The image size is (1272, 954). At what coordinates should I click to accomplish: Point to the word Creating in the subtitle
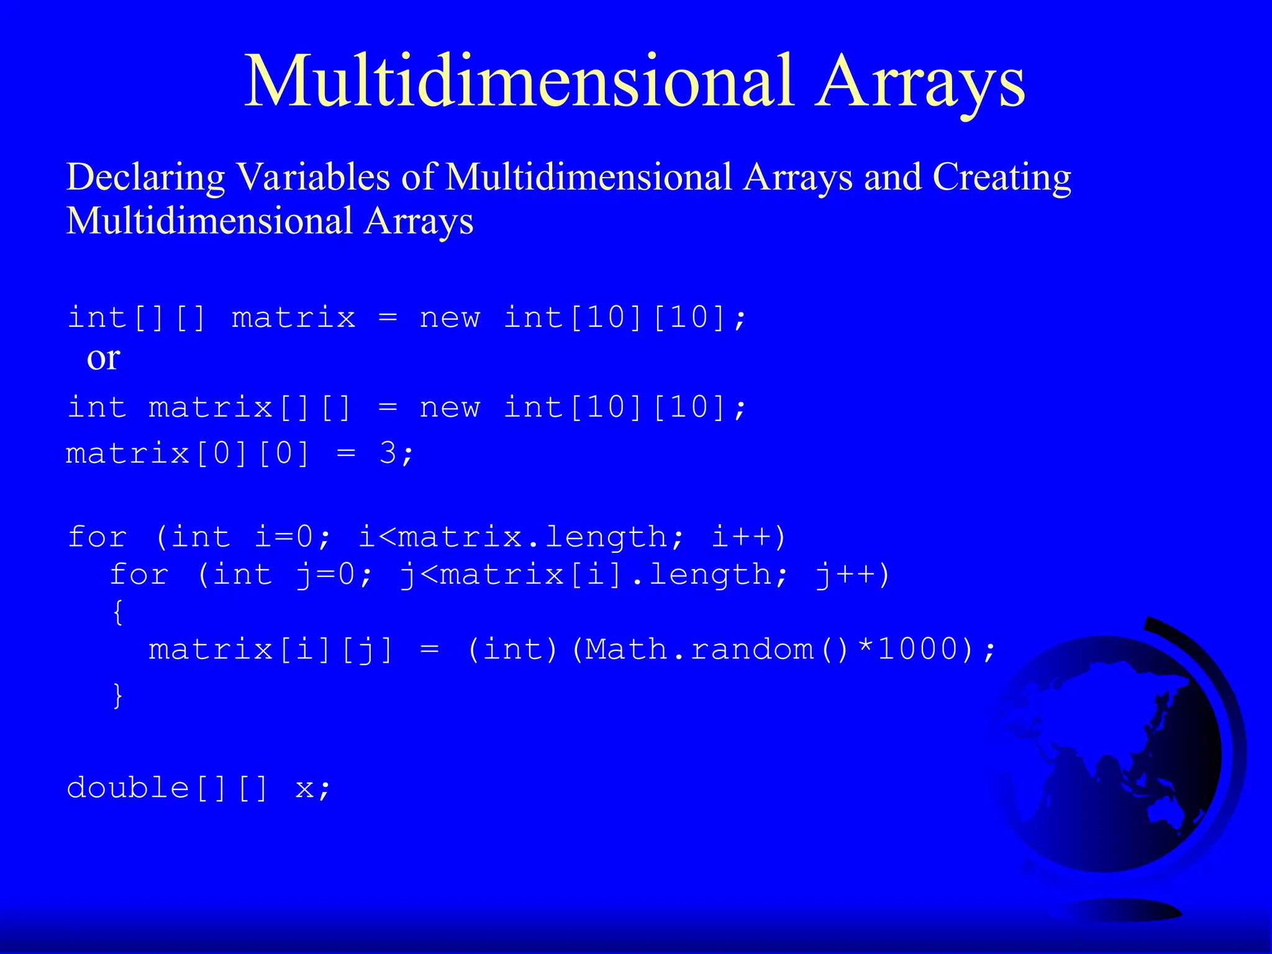click(1002, 177)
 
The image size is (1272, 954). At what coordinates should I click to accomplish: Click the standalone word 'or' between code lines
click(103, 358)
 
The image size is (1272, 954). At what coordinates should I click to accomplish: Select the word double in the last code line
click(128, 788)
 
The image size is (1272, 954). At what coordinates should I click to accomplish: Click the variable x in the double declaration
click(304, 788)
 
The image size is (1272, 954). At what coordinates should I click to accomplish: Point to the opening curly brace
click(118, 612)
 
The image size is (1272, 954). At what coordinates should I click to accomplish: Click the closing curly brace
click(118, 694)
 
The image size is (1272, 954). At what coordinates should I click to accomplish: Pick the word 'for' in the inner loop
click(139, 575)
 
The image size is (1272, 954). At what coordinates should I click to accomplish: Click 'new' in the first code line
click(450, 318)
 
